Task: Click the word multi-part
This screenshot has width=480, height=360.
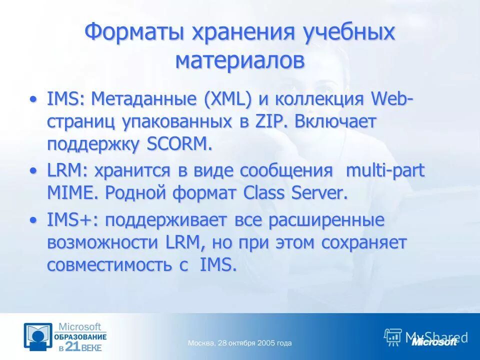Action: (385, 170)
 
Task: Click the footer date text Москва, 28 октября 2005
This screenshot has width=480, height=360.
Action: (239, 343)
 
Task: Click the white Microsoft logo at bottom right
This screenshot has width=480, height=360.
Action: (434, 342)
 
